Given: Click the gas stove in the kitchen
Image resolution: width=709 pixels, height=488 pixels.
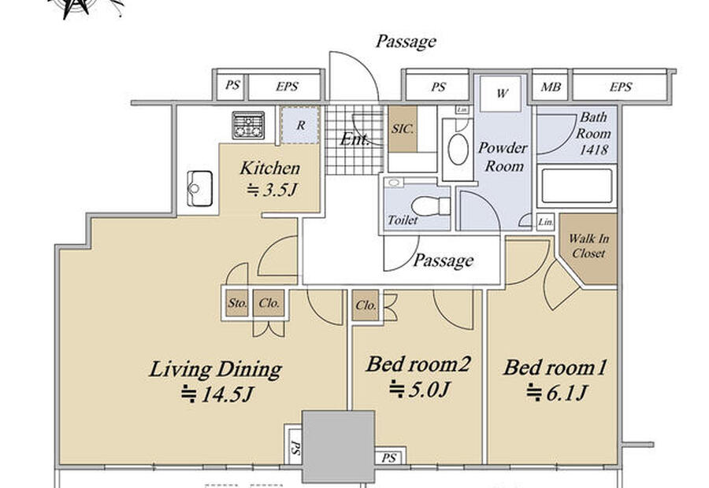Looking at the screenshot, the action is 248,125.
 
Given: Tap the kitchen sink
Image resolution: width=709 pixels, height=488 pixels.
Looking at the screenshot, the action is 200,188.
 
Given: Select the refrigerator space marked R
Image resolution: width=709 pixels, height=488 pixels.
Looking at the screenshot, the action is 300,125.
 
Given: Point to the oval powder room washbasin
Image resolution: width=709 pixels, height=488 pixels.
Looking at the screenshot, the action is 458,149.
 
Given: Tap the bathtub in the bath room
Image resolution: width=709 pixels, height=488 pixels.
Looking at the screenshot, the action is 577,186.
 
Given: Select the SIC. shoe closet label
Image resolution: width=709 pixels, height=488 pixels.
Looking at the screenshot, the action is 403,129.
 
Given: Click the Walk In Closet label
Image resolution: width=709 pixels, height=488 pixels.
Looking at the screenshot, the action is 588,246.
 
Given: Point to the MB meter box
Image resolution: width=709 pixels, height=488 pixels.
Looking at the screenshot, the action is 551,87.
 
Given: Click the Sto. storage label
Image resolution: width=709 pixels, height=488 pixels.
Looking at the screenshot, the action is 237,303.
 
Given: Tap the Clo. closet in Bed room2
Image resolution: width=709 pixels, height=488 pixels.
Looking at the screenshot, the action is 366,305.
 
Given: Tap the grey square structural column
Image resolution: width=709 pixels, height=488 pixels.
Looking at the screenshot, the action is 338,446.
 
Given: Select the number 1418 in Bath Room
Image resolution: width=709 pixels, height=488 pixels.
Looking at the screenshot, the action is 594,150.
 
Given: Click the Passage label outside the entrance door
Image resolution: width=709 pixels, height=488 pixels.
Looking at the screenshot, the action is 406,42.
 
